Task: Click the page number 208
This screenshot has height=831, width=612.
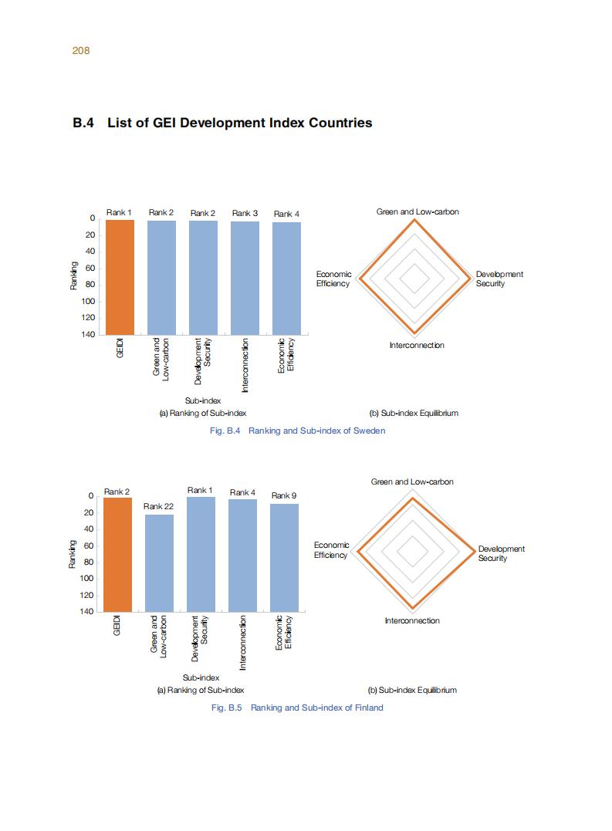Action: [81, 51]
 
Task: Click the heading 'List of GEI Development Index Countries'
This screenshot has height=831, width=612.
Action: [239, 123]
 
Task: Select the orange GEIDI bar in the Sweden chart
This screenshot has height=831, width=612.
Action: [120, 277]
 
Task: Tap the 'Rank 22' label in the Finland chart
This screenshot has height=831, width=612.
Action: [158, 506]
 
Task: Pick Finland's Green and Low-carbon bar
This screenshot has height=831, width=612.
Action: [159, 562]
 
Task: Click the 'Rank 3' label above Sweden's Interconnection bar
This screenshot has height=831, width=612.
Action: [245, 213]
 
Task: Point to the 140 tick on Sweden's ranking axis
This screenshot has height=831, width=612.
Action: [89, 335]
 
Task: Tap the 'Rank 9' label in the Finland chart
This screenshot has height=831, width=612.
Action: [283, 495]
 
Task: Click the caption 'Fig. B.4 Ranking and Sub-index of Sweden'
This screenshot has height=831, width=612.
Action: [297, 431]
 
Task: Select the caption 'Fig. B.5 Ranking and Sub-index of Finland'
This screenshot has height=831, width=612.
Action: [296, 708]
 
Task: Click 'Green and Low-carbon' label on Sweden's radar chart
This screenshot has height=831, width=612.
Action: [418, 211]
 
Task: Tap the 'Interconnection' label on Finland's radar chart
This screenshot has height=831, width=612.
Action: [412, 620]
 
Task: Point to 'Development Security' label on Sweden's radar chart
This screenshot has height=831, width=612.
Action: [499, 279]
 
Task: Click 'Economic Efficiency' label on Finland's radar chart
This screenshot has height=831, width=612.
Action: [331, 550]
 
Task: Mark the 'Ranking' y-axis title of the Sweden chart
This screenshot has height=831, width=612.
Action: [73, 276]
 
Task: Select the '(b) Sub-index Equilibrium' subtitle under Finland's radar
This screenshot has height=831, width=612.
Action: [413, 690]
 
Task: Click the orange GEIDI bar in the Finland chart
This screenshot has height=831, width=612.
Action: [117, 554]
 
